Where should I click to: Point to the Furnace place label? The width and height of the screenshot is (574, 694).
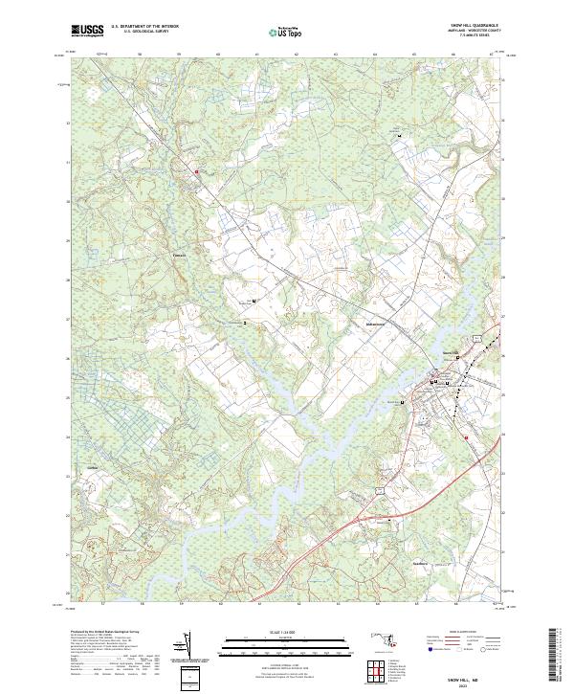(177, 256)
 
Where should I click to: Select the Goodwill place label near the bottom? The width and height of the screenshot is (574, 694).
(418, 563)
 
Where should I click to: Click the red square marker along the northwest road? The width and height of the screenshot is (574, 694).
(197, 172)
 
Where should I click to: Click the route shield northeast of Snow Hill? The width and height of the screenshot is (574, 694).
(475, 339)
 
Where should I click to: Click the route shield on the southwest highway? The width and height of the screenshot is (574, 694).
(378, 489)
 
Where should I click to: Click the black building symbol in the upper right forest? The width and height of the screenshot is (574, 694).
(400, 136)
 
